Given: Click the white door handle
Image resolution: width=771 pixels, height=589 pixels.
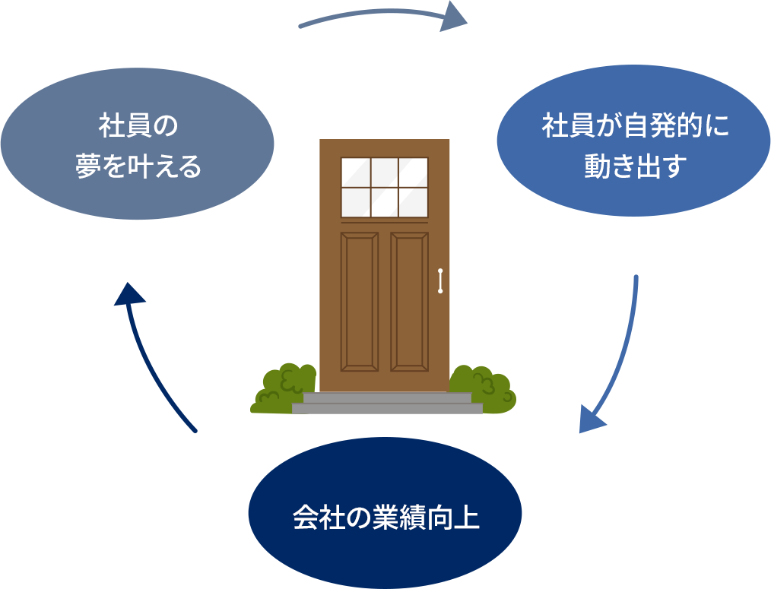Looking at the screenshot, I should [440, 280].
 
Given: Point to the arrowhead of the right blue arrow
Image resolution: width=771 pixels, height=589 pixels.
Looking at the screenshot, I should [592, 419].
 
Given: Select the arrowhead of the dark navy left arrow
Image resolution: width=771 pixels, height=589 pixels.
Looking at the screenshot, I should [130, 294].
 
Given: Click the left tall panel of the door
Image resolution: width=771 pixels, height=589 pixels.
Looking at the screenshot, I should [360, 302].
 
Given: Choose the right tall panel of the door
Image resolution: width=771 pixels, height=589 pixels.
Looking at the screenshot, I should [410, 302].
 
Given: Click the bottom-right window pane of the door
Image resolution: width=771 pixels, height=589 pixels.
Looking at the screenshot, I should [413, 202].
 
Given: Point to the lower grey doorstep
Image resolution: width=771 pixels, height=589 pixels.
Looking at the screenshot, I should [387, 408].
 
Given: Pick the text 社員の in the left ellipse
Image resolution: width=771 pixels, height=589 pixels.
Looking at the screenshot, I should [138, 125].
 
